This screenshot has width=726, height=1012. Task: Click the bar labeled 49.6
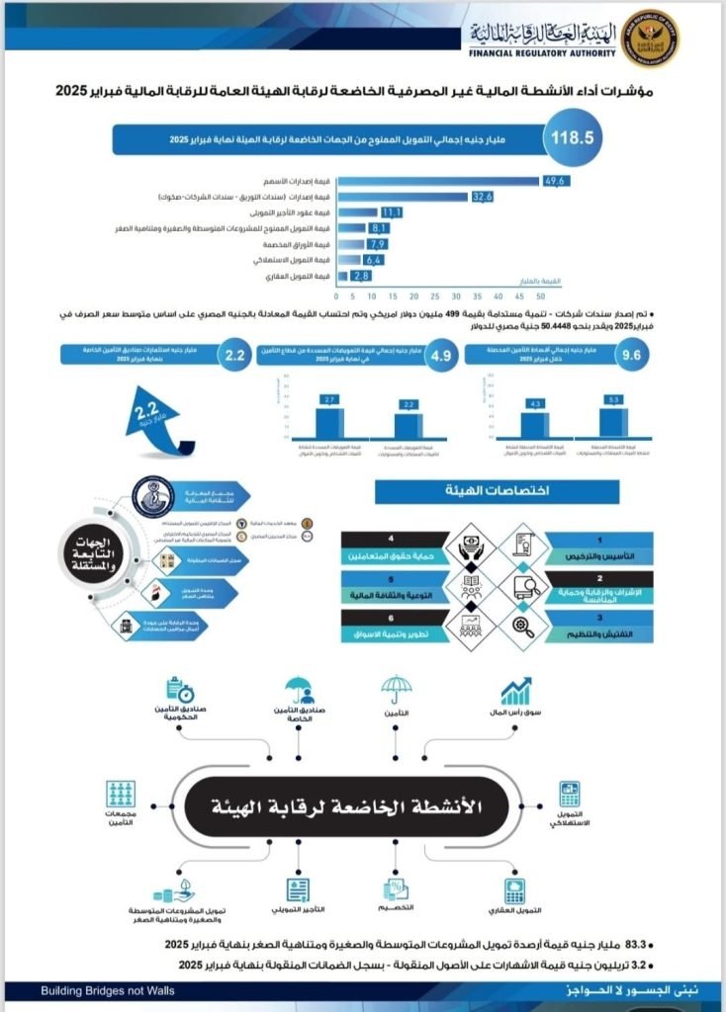tap(439, 181)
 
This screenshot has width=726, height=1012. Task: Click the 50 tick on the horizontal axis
tap(540, 295)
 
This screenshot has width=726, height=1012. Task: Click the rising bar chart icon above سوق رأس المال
tap(515, 691)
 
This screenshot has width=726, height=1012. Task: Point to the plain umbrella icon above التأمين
tap(397, 690)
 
